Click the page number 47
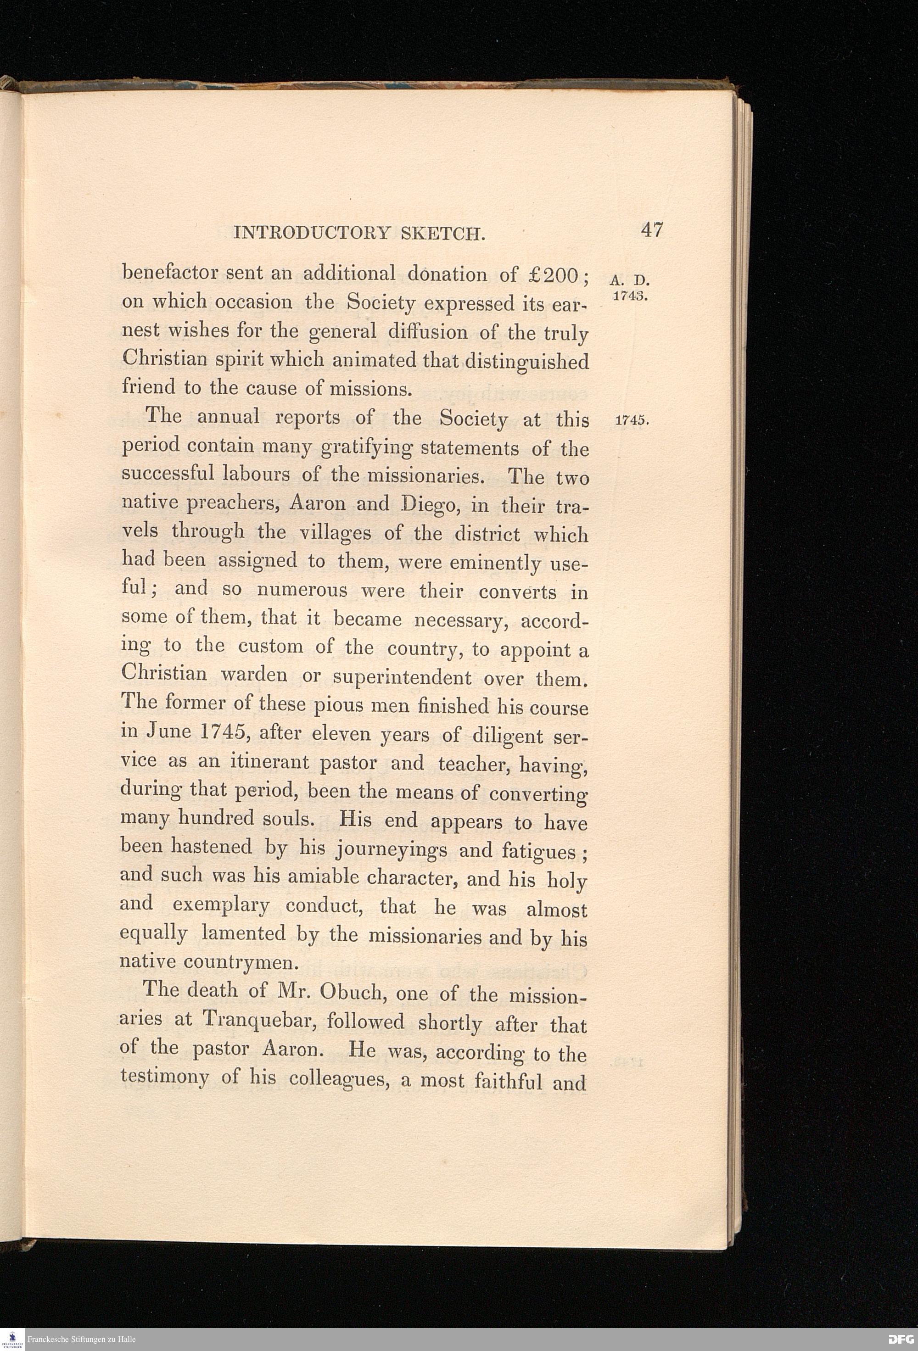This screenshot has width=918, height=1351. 652,230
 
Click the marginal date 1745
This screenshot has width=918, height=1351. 631,421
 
